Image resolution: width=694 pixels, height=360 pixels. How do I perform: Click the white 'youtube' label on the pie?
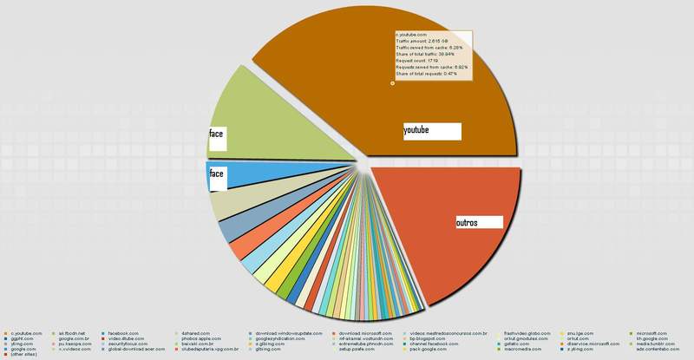[x=430, y=131]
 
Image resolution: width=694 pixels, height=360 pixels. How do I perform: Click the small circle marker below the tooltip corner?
[x=392, y=83]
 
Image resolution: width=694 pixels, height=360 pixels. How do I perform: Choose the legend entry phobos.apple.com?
[x=200, y=338]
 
